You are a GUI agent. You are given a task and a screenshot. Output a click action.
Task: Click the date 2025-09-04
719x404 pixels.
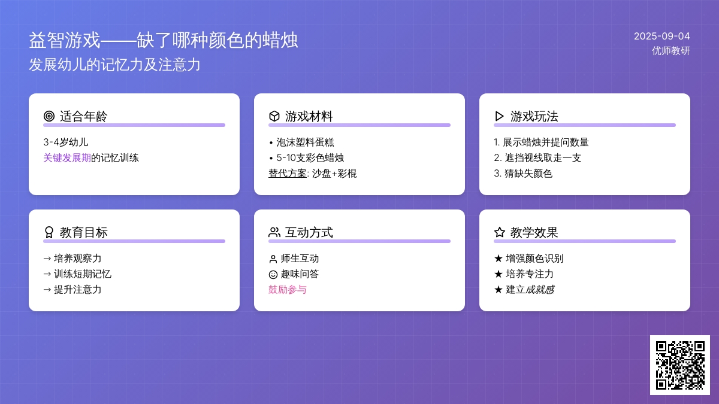pos(662,37)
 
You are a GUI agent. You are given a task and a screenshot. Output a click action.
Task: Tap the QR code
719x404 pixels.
pos(680,365)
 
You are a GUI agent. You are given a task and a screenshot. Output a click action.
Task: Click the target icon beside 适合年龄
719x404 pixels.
pos(49,116)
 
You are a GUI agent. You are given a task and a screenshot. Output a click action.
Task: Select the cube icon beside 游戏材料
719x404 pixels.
pos(274,116)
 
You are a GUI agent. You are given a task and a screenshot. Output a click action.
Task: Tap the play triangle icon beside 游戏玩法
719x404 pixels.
pos(500,116)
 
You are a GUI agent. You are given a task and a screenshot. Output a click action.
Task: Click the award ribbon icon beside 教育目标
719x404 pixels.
pos(49,232)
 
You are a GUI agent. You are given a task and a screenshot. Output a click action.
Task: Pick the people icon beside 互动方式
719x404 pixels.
pos(274,232)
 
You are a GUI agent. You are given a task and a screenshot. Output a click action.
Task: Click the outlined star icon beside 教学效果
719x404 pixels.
pos(500,232)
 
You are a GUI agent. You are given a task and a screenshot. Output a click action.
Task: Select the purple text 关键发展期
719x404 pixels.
pos(67,158)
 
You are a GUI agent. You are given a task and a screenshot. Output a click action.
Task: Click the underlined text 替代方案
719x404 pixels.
pos(288,174)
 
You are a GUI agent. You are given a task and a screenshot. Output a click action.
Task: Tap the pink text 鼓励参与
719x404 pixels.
pos(288,290)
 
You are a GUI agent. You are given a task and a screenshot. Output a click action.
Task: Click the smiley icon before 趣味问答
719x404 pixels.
pos(273,275)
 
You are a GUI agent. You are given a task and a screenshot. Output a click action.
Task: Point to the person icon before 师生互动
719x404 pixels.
pos(273,259)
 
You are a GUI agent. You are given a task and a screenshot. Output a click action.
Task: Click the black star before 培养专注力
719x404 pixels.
pos(498,274)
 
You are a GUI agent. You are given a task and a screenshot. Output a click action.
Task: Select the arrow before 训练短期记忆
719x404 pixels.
pos(47,274)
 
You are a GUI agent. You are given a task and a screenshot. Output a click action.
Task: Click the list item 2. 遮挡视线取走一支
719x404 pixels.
pos(537,158)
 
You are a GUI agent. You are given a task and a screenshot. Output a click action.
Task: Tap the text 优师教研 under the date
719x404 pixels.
pos(671,51)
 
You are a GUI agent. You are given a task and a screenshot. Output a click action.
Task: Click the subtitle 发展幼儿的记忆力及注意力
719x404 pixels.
pos(114,65)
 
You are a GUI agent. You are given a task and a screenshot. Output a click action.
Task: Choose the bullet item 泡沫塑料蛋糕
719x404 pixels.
pos(302,142)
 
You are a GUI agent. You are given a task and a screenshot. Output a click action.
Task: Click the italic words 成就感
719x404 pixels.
pos(540,290)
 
